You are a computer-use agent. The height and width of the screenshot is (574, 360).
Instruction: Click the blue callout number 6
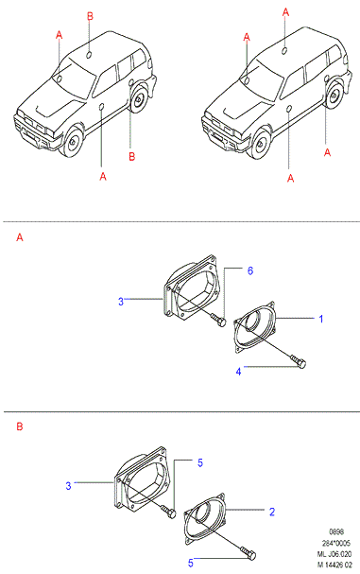[x=250, y=270]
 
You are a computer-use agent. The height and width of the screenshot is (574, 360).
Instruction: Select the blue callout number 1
[x=321, y=319]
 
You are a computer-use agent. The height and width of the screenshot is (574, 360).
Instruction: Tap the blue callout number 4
[x=238, y=372]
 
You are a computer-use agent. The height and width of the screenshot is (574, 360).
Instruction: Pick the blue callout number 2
[x=272, y=512]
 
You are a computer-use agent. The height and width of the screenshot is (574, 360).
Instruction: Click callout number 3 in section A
[x=121, y=302]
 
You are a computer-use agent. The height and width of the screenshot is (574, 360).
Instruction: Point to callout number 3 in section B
[x=68, y=486]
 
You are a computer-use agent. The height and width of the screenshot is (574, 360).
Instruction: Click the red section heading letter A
[x=20, y=237]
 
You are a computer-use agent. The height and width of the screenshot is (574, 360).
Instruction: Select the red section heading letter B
[x=20, y=426]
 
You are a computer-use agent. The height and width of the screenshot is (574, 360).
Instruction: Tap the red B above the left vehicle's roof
[x=90, y=16]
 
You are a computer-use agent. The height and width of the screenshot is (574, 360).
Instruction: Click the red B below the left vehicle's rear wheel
[x=132, y=157]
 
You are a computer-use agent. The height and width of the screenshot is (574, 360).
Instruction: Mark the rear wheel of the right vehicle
[x=334, y=96]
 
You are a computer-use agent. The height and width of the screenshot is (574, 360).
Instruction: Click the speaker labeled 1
[x=255, y=327]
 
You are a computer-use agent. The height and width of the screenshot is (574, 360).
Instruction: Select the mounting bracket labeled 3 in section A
[x=190, y=287]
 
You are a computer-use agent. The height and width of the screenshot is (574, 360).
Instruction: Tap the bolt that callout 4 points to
[x=299, y=360]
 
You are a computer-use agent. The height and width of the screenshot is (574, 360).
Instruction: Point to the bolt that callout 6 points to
[x=219, y=320]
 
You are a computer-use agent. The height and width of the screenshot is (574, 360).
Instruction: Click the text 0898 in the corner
[x=336, y=531]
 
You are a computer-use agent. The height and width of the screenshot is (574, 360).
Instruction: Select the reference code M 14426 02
[x=334, y=565]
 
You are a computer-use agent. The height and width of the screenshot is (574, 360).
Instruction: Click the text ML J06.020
[x=334, y=554]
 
